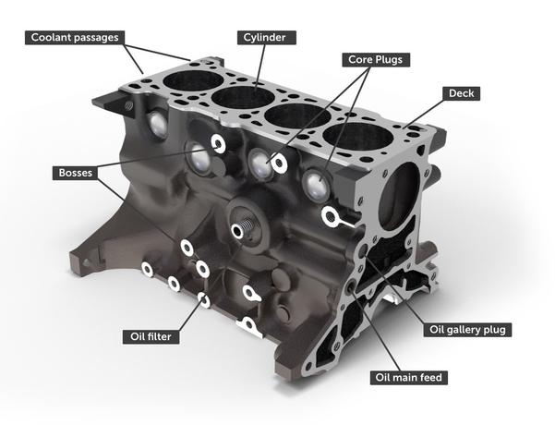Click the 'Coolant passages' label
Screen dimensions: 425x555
pyautogui.click(x=74, y=38)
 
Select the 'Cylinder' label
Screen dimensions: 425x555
pyautogui.click(x=264, y=38)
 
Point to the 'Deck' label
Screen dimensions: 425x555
pyautogui.click(x=465, y=94)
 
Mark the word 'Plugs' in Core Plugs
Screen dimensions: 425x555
pyautogui.click(x=392, y=59)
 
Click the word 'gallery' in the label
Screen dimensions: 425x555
pyautogui.click(x=471, y=329)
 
